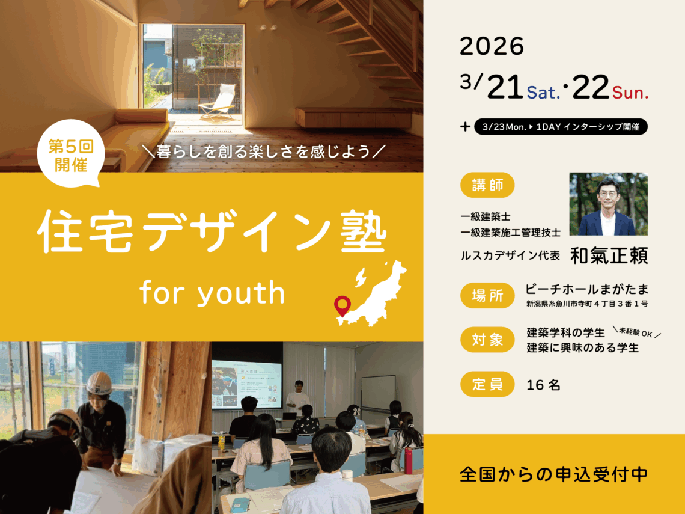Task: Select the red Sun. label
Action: pyautogui.click(x=630, y=93)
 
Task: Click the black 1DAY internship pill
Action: pyautogui.click(x=561, y=127)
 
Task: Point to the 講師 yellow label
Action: pyautogui.click(x=487, y=185)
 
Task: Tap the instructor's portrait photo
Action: pyautogui.click(x=608, y=204)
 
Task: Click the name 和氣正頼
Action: pyautogui.click(x=608, y=255)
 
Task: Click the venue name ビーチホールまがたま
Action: pyautogui.click(x=586, y=289)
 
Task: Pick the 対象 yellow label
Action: pyautogui.click(x=487, y=340)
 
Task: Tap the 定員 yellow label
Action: pyautogui.click(x=487, y=384)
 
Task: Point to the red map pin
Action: pyautogui.click(x=342, y=305)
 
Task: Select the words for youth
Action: pyautogui.click(x=212, y=293)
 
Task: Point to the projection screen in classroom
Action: pyautogui.click(x=246, y=385)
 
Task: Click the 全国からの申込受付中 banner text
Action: pyautogui.click(x=553, y=474)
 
